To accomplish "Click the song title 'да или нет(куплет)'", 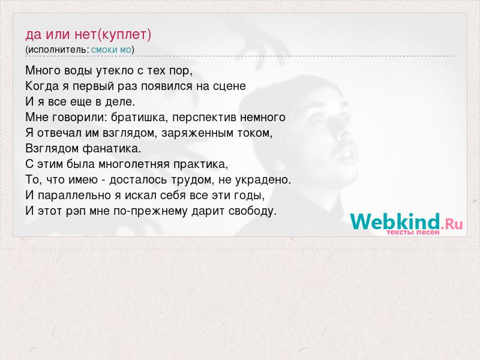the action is point(88,35).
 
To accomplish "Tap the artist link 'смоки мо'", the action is point(111,50).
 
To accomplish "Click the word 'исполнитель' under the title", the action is point(58,50).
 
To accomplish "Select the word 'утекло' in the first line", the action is point(115,71).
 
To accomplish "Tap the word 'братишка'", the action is point(139,118).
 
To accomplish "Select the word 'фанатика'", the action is point(112,149).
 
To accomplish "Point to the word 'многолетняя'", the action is point(134,164).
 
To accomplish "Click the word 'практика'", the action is point(200,164).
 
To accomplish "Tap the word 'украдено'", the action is point(263,179).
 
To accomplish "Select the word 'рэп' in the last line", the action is point(76,212).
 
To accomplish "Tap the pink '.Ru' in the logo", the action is point(452,224).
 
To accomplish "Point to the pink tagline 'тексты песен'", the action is point(413,232).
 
